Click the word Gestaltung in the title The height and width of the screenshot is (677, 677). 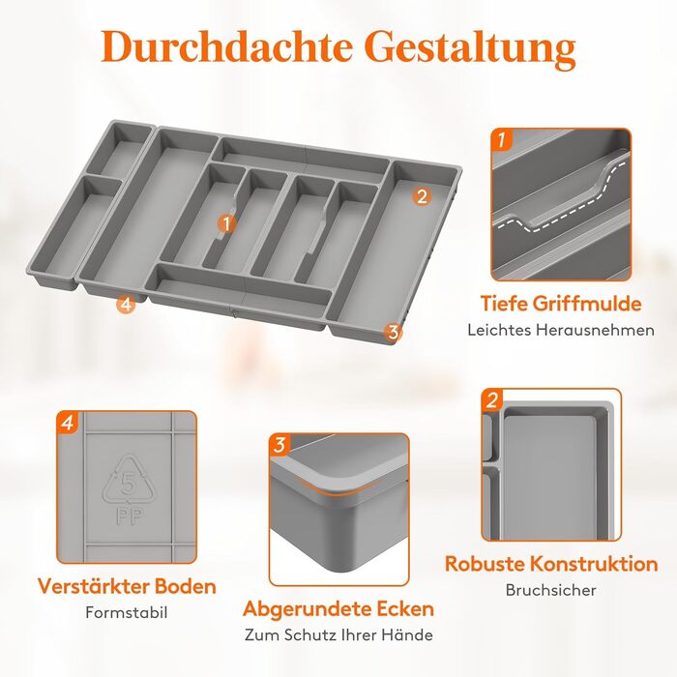[472, 49]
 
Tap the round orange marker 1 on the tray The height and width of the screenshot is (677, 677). [226, 223]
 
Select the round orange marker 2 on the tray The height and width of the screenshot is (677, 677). [422, 196]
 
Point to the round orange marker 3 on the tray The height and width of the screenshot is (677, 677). [393, 333]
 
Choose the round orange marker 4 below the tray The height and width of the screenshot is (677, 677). [126, 305]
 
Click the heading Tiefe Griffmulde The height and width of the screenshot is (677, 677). [561, 303]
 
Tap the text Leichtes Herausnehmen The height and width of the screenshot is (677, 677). [561, 331]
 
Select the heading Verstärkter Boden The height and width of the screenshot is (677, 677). [127, 586]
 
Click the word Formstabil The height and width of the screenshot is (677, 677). [127, 612]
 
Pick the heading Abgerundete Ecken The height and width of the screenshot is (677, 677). [338, 608]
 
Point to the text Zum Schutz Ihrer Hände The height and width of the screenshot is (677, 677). [338, 634]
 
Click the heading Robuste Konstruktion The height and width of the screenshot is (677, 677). [551, 564]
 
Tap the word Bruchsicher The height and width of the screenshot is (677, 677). [551, 590]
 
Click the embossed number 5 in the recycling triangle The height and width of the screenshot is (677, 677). [129, 483]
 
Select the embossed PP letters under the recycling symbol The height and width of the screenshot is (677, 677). [129, 515]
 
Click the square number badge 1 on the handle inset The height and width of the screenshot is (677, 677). [502, 139]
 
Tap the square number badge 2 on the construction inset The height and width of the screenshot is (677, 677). [492, 400]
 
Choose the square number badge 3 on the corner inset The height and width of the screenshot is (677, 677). [280, 445]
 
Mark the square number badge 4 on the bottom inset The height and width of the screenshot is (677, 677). [68, 423]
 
